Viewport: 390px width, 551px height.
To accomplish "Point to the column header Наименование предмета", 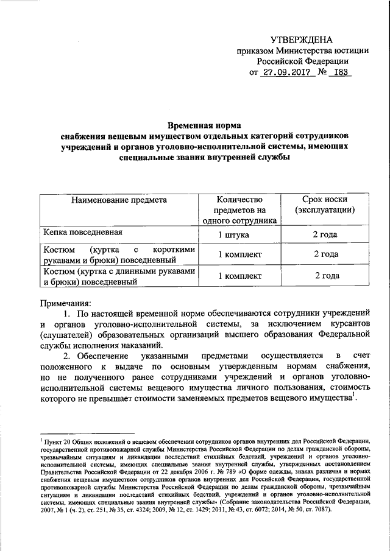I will click(x=119, y=200).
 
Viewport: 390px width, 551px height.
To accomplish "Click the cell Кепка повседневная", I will click(x=83, y=233).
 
